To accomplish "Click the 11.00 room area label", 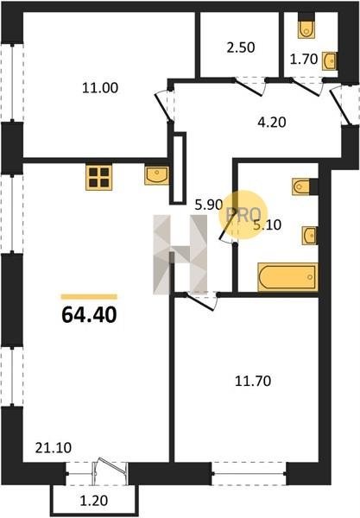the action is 100,88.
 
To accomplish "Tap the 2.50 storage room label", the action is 241,47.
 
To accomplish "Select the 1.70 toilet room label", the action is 304,60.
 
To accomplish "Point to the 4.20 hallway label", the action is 271,123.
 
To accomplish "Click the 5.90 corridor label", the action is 208,205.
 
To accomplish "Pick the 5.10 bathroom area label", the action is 267,225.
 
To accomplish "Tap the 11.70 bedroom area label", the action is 253,382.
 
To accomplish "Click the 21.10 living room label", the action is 54,448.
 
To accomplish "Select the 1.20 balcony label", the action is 94,501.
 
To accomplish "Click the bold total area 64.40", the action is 89,315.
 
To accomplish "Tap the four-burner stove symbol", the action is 98,177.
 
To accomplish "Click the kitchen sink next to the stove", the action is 157,175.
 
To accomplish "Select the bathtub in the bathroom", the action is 288,277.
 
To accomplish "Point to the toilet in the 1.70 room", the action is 306,27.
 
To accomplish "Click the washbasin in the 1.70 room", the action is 330,60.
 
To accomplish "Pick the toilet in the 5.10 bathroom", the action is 302,186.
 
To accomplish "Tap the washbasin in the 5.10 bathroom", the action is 310,236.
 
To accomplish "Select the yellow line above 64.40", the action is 89,297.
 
